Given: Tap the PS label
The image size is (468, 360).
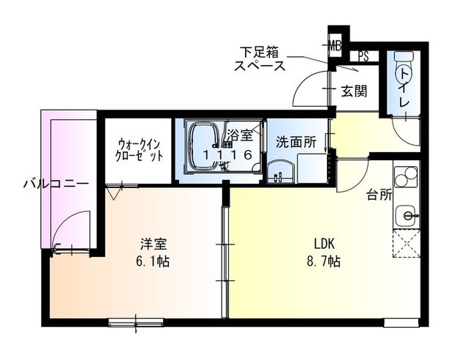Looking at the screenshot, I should point(363,56).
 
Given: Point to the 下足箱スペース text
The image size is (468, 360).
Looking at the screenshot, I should point(260,58).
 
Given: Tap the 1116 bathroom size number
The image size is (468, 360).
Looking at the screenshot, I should point(228,154).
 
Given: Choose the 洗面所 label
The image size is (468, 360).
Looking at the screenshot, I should point(295,141).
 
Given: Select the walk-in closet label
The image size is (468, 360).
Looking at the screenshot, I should point(138,149).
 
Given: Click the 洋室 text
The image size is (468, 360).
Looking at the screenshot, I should point(151,245).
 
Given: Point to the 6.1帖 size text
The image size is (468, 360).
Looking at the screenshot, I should point(151,260).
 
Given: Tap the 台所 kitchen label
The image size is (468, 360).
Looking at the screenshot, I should point(377,195).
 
